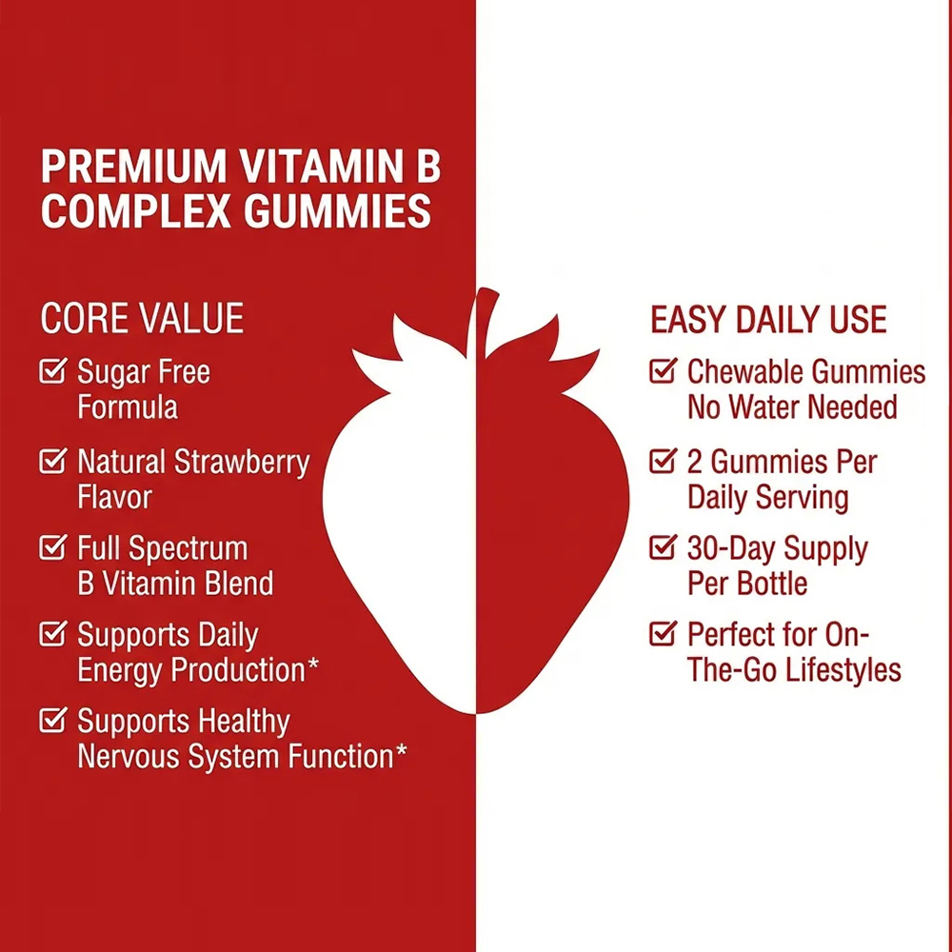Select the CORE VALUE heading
click(142, 318)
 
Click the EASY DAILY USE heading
click(768, 319)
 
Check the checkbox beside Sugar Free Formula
click(52, 370)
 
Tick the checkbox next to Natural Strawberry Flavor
click(52, 460)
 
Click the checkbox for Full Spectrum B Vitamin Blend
click(52, 546)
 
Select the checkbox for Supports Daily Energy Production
click(52, 633)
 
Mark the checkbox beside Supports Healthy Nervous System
click(52, 720)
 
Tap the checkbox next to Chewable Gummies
click(663, 370)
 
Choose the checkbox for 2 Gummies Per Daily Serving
click(663, 460)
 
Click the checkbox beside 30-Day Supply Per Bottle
click(663, 546)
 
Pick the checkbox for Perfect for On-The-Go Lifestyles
click(663, 633)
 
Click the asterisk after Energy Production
click(313, 664)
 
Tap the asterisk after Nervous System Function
click(402, 750)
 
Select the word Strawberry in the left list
click(242, 464)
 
